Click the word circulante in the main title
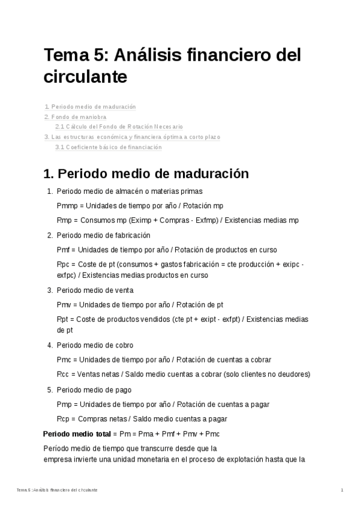tap(85, 77)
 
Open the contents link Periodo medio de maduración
tap(94, 107)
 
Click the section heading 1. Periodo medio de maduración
tap(146, 174)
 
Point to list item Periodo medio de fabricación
tap(103, 235)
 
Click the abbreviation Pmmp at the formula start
tap(66, 206)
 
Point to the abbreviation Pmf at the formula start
tap(63, 250)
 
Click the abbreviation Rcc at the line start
tap(62, 374)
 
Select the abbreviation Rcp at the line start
tap(62, 418)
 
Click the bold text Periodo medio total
tap(77, 433)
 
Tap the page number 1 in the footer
tap(341, 490)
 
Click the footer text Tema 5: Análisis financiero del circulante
tap(58, 490)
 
